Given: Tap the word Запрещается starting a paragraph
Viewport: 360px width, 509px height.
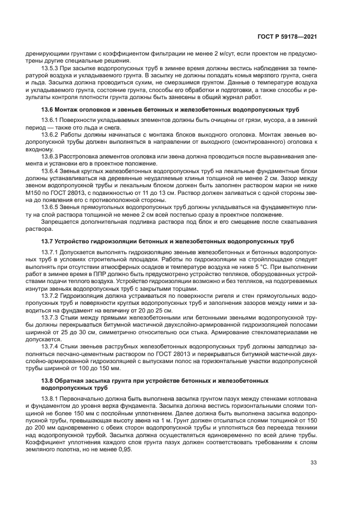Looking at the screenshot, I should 60,222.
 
